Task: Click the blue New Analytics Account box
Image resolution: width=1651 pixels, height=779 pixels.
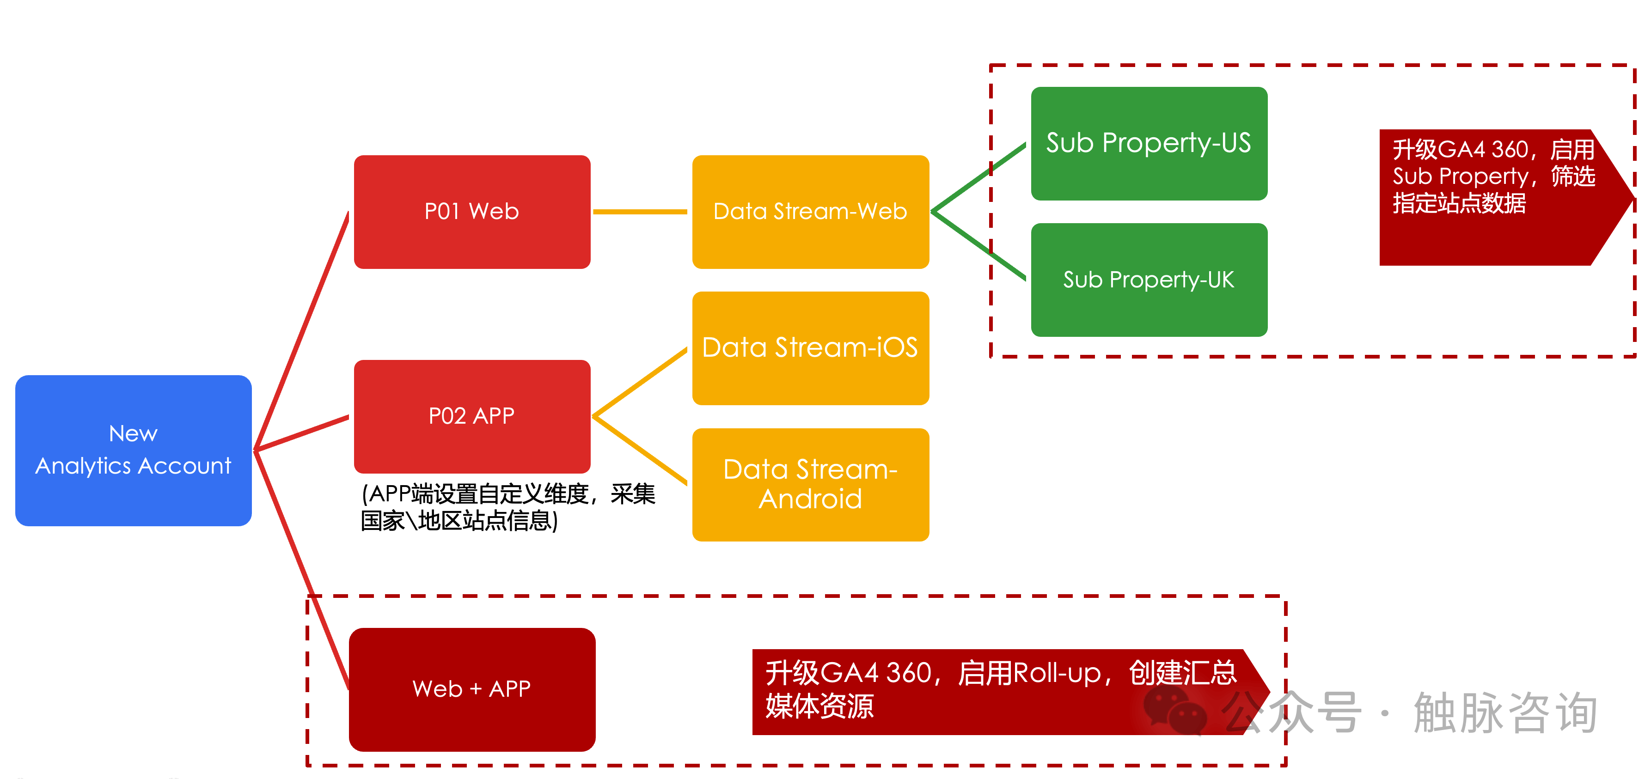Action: click(x=133, y=450)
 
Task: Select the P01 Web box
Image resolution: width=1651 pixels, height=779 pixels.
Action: click(x=472, y=212)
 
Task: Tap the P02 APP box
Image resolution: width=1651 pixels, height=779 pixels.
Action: click(x=472, y=416)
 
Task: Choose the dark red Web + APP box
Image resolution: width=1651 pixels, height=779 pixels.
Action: click(x=472, y=689)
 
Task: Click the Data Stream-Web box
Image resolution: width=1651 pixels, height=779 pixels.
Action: click(x=810, y=212)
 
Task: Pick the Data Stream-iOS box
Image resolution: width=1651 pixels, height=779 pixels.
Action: click(x=810, y=348)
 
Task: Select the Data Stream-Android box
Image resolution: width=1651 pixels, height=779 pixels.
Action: click(x=810, y=484)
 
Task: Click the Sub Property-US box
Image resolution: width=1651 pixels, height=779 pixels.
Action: click(x=1149, y=144)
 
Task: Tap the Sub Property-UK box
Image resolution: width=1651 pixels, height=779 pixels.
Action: click(x=1149, y=280)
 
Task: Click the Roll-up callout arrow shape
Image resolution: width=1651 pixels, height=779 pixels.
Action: click(x=1000, y=692)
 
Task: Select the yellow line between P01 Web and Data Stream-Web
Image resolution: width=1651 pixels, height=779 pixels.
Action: click(x=640, y=212)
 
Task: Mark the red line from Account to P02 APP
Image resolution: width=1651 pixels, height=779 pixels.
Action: click(x=301, y=434)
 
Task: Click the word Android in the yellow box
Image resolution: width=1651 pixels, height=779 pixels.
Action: click(x=810, y=499)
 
